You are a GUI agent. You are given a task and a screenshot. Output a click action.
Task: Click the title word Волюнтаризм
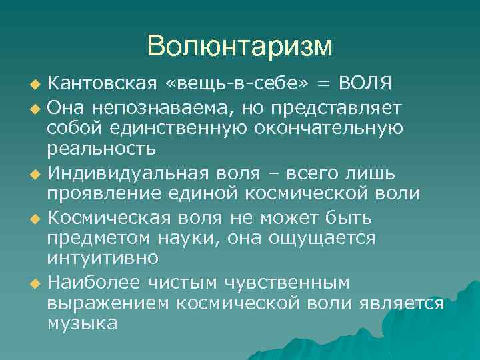239,46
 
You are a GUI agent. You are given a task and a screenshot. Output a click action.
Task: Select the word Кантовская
103,85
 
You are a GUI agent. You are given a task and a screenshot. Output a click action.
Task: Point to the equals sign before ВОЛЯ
323,85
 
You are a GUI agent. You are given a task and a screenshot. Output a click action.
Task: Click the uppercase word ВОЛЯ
365,85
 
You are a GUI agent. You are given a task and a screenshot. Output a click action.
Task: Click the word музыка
83,323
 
